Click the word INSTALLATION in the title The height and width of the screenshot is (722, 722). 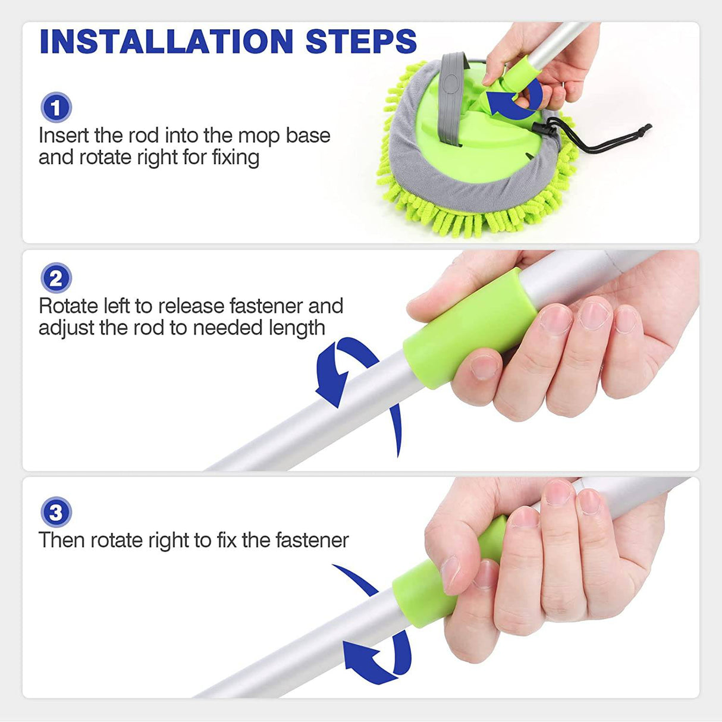(x=167, y=41)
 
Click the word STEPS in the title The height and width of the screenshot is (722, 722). (x=361, y=41)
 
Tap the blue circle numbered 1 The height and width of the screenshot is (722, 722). (x=56, y=108)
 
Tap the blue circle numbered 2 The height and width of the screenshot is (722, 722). (x=56, y=278)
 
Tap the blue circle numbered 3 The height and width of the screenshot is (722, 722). (x=56, y=512)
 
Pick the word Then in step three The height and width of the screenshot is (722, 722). (x=61, y=540)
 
